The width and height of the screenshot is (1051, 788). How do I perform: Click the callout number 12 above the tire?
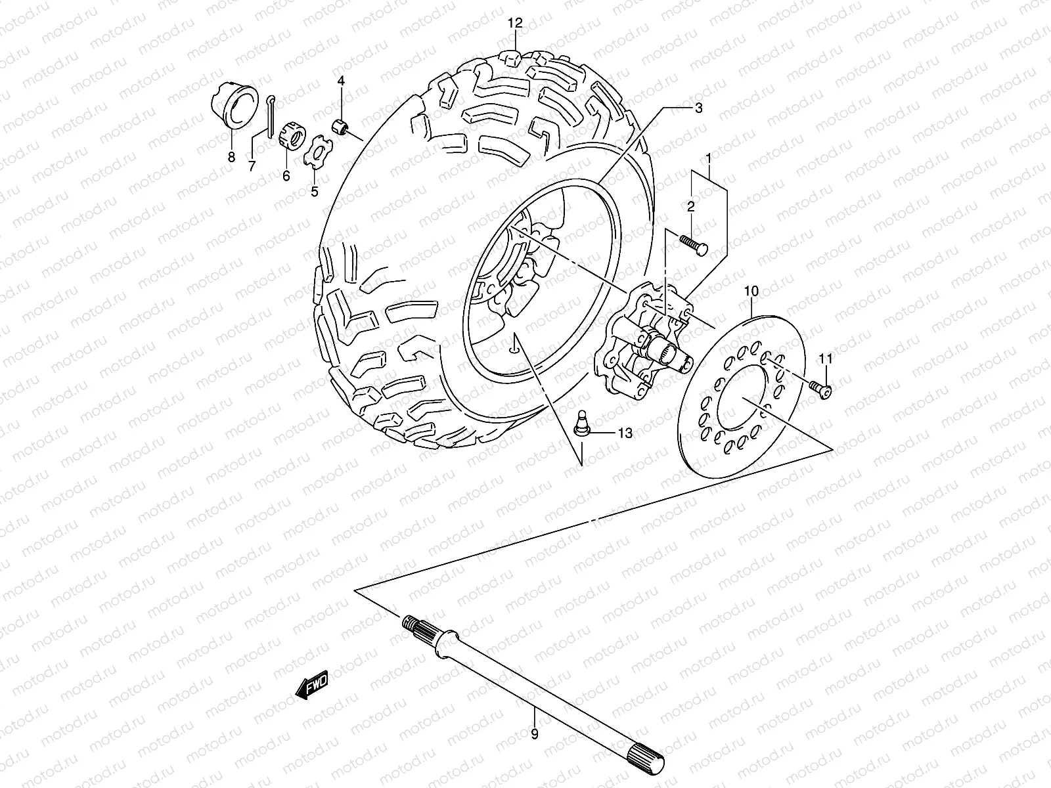[x=514, y=23]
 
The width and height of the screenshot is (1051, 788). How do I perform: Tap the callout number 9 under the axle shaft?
[x=534, y=735]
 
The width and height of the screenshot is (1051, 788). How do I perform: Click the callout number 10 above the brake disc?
[x=752, y=290]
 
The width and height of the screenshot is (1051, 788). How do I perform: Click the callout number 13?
[x=625, y=433]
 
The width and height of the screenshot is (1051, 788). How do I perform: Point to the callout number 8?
[x=231, y=156]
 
